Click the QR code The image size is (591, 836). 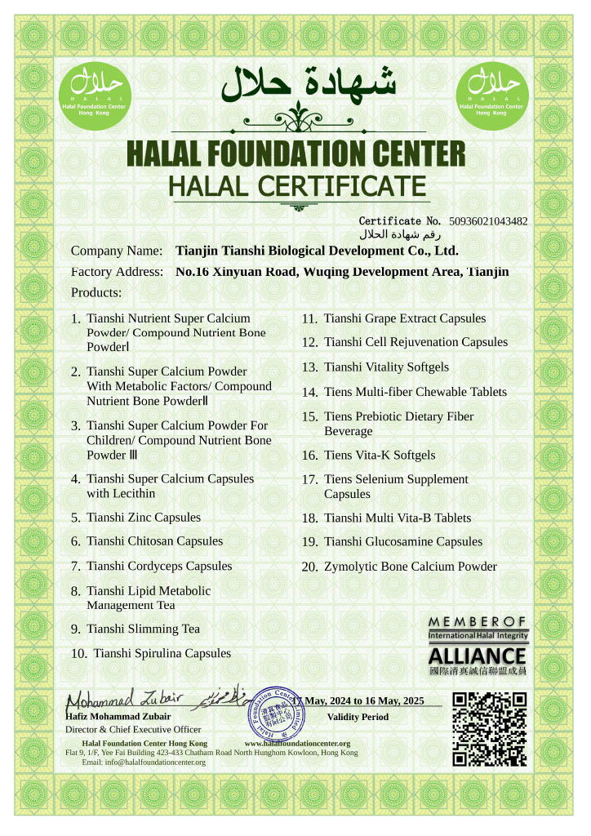[489, 728]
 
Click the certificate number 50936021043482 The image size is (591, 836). [488, 221]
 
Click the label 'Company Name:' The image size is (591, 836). [117, 251]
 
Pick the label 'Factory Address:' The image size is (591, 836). [117, 272]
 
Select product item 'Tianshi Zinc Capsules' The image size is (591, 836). [144, 518]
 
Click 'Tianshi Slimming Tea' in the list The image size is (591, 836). [143, 629]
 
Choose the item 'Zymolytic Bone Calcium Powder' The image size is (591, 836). [410, 567]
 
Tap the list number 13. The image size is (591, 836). [309, 368]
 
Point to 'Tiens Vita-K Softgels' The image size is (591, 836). [380, 456]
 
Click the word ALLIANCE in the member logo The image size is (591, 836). [478, 656]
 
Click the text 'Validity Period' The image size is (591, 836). [358, 717]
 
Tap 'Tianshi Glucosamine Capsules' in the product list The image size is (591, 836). [402, 542]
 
